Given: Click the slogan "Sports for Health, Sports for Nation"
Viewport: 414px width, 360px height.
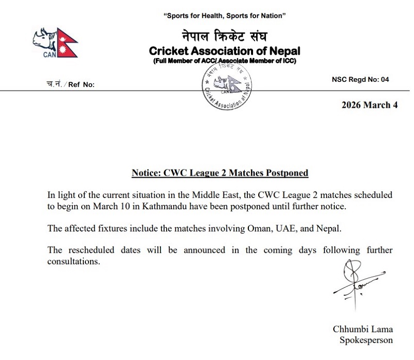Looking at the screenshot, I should pos(224,16).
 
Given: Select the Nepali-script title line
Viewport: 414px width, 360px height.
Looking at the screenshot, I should pos(224,37).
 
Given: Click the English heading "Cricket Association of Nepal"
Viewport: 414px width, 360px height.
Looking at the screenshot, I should pos(224,51).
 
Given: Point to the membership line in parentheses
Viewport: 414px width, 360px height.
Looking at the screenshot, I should pos(224,62).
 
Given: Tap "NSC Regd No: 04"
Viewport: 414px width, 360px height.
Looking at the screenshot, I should pos(360,80).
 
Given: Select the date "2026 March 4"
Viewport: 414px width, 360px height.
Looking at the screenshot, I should pos(369,105).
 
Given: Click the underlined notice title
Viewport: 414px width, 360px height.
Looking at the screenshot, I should pos(220,172).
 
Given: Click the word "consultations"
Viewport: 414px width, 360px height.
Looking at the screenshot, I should pos(73,262).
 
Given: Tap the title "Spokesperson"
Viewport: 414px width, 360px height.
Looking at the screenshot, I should pos(366,340).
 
